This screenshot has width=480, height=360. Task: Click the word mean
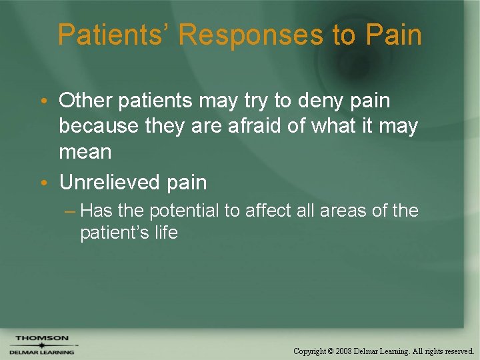[x=85, y=151]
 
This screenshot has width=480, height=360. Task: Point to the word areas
[x=344, y=211]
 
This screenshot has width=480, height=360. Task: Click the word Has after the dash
[x=96, y=211]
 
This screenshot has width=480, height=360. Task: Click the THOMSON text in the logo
[x=42, y=338]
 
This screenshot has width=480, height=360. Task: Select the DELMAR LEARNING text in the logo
[x=42, y=351]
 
